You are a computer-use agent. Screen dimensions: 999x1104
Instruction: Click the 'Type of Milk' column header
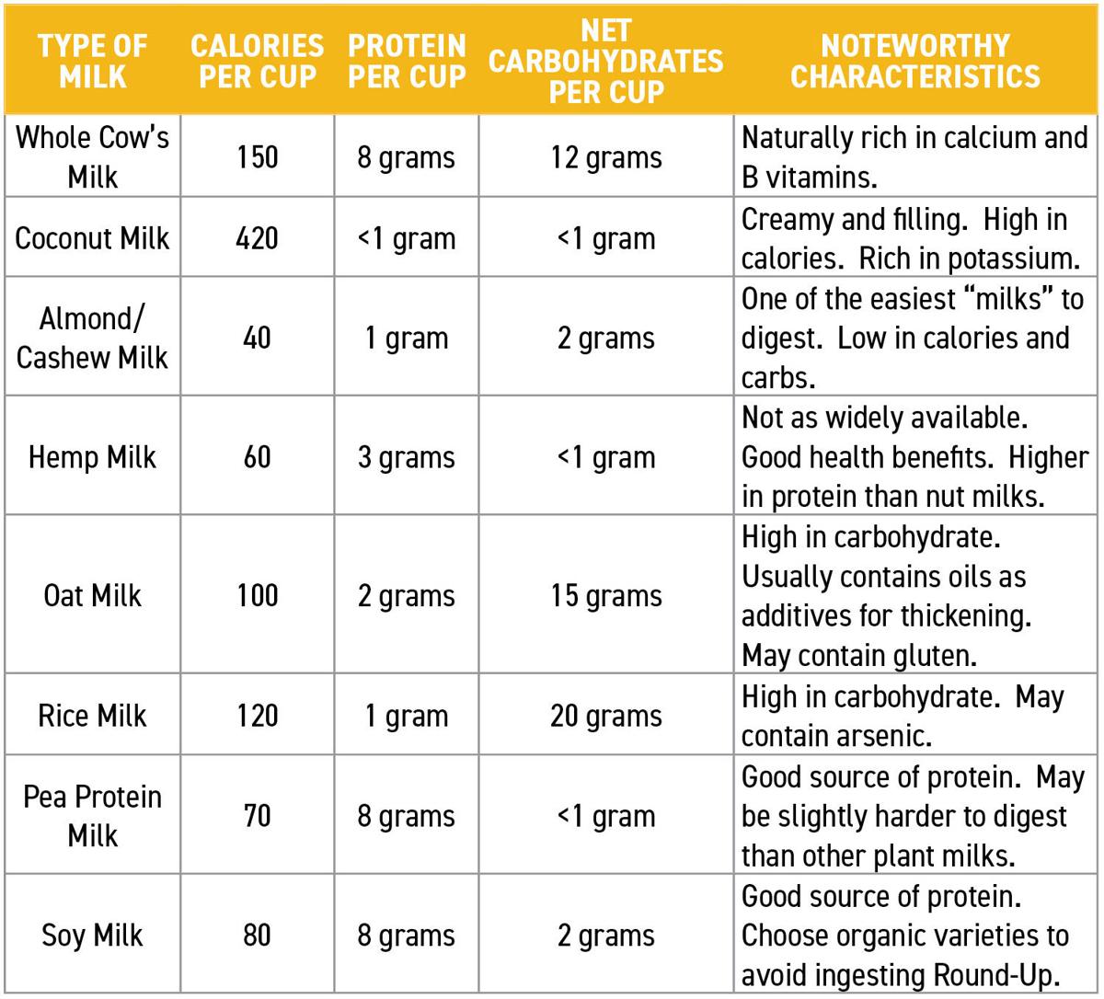pyautogui.click(x=92, y=61)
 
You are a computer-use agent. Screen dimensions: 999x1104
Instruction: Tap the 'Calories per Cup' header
pyautogui.click(x=257, y=61)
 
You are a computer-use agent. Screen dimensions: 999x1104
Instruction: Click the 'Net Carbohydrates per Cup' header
pyautogui.click(x=605, y=61)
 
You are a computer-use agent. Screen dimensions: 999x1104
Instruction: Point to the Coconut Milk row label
pyautogui.click(x=92, y=238)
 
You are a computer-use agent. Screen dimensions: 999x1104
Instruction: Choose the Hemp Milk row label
pyautogui.click(x=92, y=457)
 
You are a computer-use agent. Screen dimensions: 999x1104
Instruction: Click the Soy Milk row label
pyautogui.click(x=92, y=936)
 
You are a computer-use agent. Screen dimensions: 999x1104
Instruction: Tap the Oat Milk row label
pyautogui.click(x=92, y=595)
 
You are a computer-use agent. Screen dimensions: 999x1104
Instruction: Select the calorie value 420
pyautogui.click(x=257, y=238)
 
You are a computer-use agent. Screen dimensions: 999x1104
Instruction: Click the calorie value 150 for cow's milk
pyautogui.click(x=257, y=157)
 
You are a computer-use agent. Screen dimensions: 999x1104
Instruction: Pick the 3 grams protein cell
pyautogui.click(x=406, y=457)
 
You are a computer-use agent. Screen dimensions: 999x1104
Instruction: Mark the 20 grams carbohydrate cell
pyautogui.click(x=605, y=716)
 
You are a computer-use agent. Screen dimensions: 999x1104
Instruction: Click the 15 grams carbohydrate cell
pyautogui.click(x=605, y=595)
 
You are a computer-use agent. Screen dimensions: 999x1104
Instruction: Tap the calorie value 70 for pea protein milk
pyautogui.click(x=257, y=816)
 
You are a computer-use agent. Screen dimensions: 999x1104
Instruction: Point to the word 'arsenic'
pyautogui.click(x=884, y=736)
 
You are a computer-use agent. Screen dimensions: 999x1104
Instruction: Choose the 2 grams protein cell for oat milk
pyautogui.click(x=406, y=595)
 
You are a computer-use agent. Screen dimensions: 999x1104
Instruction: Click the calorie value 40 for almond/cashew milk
pyautogui.click(x=257, y=338)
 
